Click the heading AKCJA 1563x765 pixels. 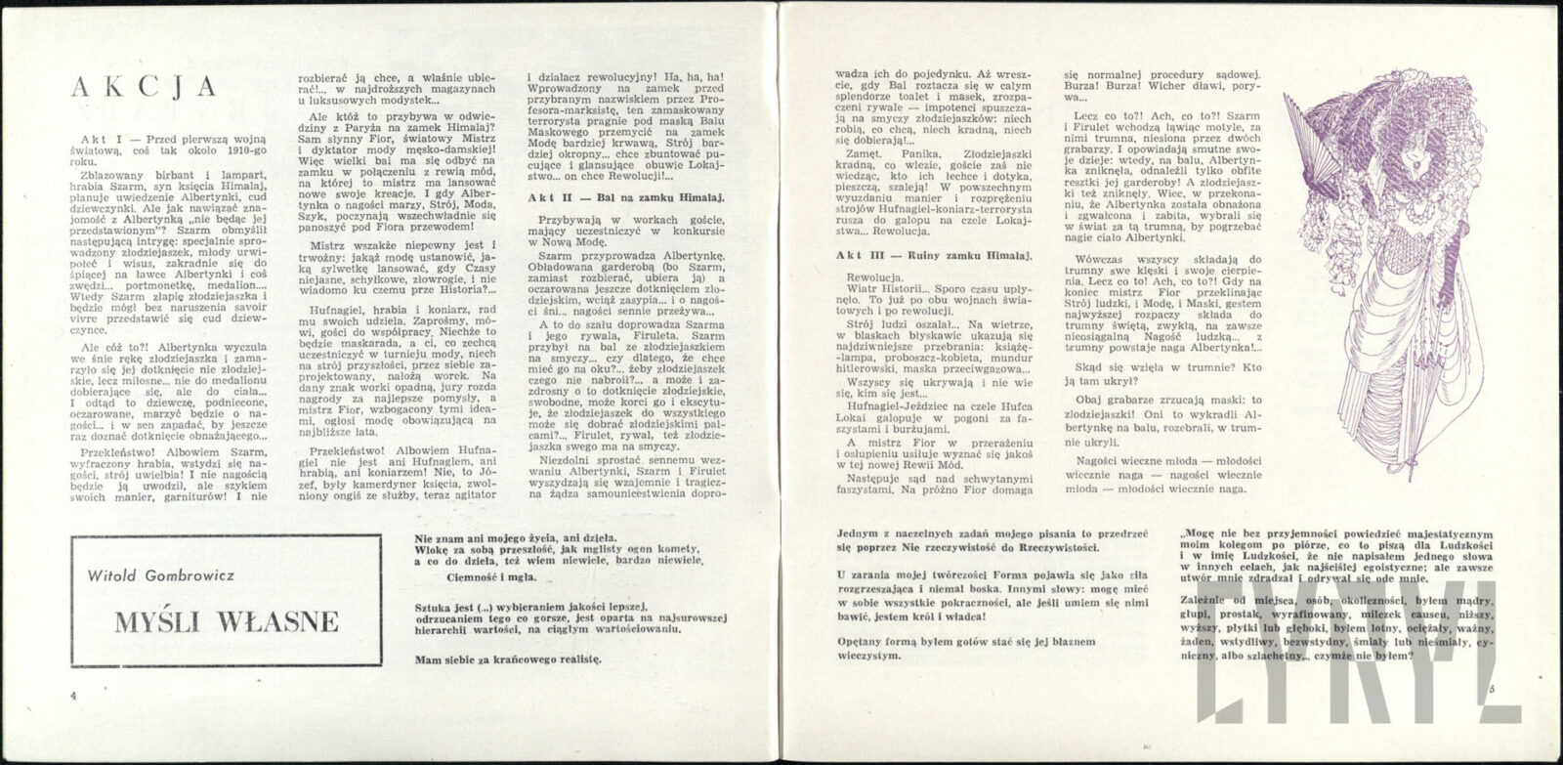coord(144,88)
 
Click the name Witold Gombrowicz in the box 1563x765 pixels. coord(171,576)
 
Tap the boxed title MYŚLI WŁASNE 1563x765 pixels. coord(226,621)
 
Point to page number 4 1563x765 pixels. coord(72,694)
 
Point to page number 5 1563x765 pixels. coord(1492,691)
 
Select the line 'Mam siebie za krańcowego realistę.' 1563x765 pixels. coord(507,659)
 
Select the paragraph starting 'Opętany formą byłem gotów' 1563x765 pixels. coord(967,649)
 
